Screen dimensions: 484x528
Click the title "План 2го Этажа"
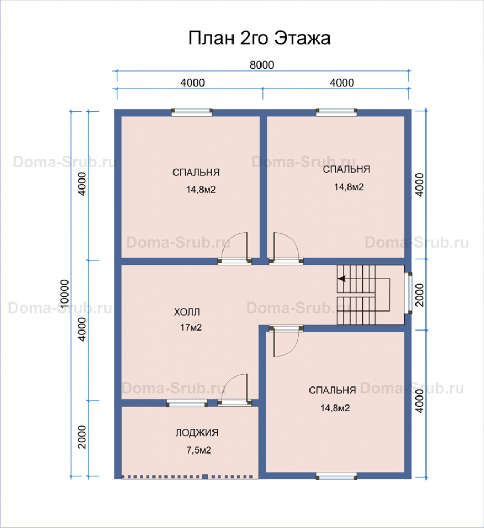pos(259,38)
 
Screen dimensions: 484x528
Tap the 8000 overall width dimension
pos(262,64)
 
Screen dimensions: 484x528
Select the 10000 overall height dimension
pos(64,293)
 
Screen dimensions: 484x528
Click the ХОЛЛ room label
pos(187,312)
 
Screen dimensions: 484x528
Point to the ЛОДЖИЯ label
pos(197,432)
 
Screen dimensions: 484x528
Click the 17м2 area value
pos(191,327)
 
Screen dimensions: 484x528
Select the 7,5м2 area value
pos(199,450)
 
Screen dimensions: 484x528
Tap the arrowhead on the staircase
pos(342,279)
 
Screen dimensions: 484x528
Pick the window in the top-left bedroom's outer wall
pos(192,112)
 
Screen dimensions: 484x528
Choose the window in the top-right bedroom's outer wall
pos(336,112)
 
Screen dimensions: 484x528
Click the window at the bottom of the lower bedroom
pos(336,476)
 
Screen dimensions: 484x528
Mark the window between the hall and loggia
pos(187,403)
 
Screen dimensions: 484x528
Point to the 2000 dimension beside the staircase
pos(420,295)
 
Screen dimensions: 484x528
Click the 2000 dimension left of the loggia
pos(82,437)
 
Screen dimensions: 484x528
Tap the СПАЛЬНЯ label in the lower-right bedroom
pos(332,390)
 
